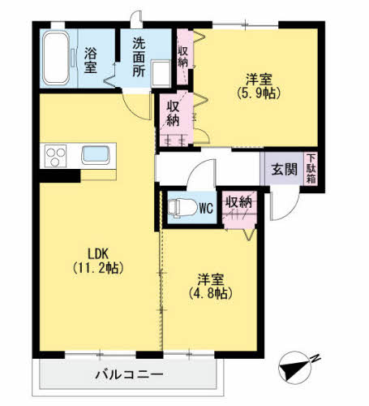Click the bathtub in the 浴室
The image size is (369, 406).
(56, 58)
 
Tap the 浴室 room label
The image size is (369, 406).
(90, 60)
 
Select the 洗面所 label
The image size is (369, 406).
(139, 57)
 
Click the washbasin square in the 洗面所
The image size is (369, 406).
(161, 74)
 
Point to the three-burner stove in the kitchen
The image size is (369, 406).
(56, 156)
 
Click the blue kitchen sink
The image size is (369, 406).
(96, 155)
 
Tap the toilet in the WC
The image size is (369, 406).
(182, 208)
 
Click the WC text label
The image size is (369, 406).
(206, 209)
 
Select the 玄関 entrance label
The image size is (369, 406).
(284, 170)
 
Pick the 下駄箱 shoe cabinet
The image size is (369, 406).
(311, 169)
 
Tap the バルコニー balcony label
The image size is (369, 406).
(129, 374)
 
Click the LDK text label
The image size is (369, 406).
(98, 254)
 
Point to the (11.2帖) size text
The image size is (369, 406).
(98, 268)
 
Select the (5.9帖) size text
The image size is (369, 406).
(259, 93)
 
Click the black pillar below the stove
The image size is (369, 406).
(60, 176)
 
